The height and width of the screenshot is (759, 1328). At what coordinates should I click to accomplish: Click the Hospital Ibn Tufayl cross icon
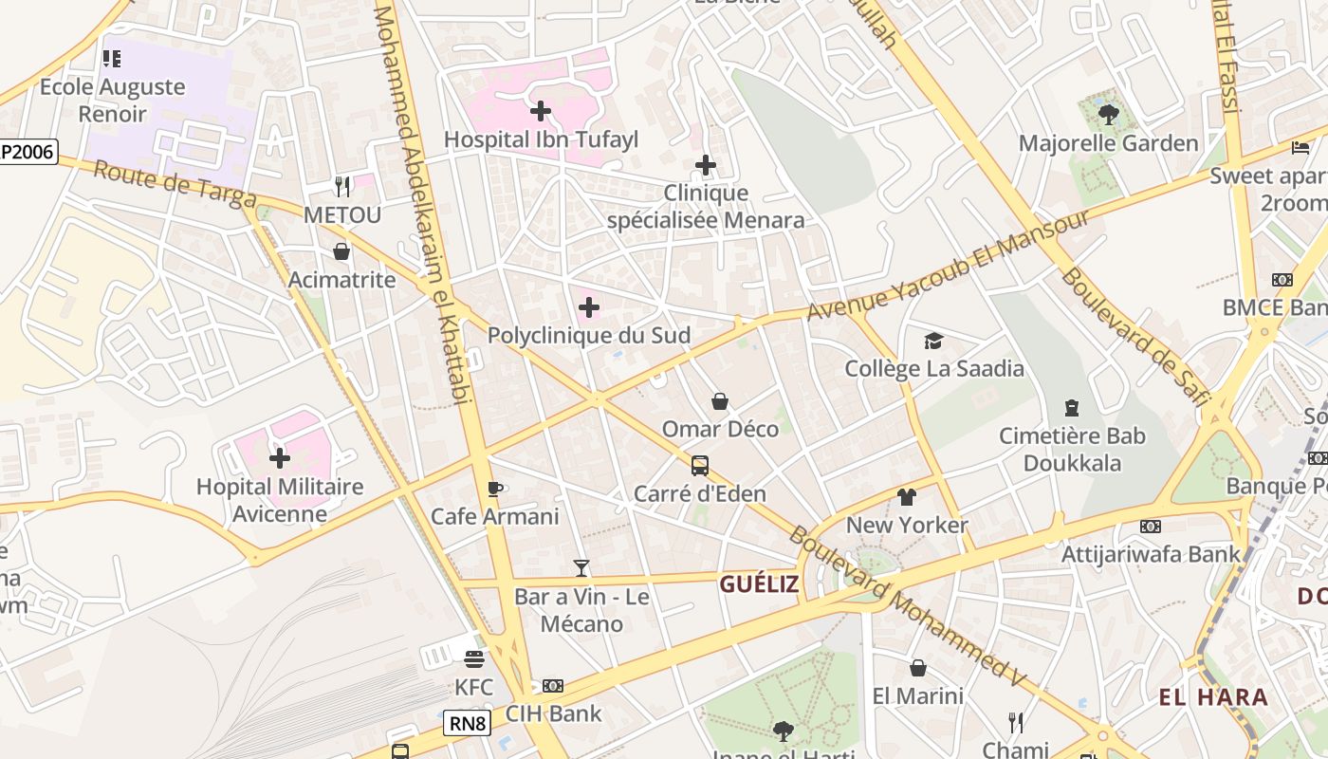(x=541, y=111)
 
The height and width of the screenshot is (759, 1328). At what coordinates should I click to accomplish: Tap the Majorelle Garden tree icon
(x=1108, y=116)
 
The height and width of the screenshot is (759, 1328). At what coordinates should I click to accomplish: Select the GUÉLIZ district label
(x=759, y=584)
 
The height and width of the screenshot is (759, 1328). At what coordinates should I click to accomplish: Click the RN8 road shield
(x=467, y=724)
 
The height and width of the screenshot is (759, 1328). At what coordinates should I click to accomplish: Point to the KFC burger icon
(x=474, y=658)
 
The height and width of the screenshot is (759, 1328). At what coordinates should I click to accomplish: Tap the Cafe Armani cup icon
(x=494, y=490)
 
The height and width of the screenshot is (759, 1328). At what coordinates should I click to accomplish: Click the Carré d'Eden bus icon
(x=700, y=466)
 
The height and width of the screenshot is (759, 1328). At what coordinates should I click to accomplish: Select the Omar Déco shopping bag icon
(x=720, y=401)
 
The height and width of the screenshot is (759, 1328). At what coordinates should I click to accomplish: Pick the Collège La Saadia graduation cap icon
(x=934, y=341)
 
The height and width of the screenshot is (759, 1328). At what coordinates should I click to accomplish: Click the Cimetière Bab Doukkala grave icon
(x=1072, y=408)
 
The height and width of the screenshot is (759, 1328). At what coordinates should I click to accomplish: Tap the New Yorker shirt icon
(x=907, y=496)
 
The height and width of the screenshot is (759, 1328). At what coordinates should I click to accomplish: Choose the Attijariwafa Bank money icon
(x=1151, y=526)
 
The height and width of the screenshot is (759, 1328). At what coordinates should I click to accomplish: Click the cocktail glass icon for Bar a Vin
(x=581, y=568)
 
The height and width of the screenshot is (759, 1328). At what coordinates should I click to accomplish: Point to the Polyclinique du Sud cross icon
(x=589, y=307)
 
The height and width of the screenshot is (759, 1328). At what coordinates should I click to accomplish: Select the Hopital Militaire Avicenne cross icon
(x=280, y=458)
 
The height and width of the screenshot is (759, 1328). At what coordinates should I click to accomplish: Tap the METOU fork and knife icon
(x=342, y=187)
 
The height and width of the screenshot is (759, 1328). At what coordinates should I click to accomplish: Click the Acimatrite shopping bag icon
(x=341, y=251)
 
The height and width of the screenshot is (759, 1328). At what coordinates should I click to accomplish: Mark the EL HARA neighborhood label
(x=1213, y=697)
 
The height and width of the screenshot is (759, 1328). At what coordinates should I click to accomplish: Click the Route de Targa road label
(x=175, y=183)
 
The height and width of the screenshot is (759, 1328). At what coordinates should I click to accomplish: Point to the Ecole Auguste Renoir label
(x=113, y=101)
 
